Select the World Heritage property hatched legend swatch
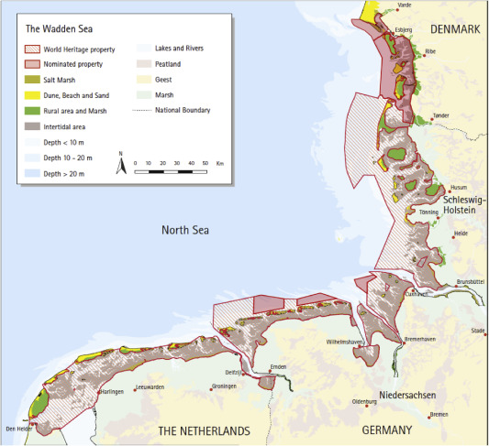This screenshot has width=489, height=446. [x=37, y=48]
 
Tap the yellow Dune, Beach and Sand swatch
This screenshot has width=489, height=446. [x=37, y=93]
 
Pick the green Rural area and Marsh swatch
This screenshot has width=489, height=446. [x=37, y=110]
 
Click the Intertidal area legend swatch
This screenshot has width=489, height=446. [x=37, y=125]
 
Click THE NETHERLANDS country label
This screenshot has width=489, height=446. [x=204, y=430]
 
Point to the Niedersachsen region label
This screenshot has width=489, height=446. [x=405, y=396]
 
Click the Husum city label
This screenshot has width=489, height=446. [x=458, y=187]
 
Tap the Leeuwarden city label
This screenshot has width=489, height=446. [x=149, y=388]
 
